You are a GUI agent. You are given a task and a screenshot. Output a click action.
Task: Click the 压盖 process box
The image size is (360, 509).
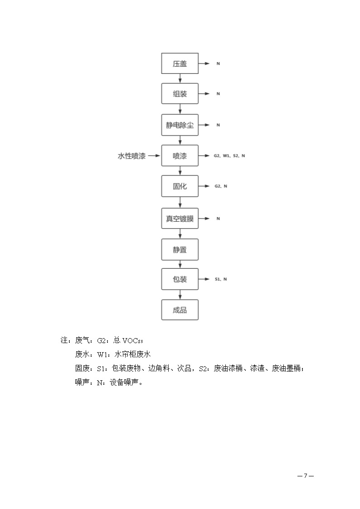point(180,63)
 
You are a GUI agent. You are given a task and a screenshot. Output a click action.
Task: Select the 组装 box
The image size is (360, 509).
point(180,93)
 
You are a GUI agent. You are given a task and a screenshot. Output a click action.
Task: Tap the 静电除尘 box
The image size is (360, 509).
point(180,125)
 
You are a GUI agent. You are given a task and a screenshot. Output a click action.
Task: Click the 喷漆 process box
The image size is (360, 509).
point(180,155)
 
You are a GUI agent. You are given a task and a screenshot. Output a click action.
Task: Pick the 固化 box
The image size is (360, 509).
point(180,186)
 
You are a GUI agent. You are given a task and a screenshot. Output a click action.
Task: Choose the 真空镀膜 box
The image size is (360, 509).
point(180,218)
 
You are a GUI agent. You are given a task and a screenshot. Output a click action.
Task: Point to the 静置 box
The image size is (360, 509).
point(180,250)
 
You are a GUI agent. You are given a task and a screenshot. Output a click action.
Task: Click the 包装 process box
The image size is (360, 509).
point(180,279)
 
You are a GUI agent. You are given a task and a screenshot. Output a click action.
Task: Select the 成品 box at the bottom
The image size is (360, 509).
point(180,310)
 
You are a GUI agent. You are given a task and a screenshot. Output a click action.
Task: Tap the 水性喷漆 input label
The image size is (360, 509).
point(131,156)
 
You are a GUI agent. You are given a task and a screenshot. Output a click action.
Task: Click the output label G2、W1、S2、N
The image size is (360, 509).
point(229,156)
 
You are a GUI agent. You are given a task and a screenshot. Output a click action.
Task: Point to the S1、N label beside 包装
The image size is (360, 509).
point(221,279)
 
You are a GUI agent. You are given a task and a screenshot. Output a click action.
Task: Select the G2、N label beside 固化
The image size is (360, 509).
point(221,186)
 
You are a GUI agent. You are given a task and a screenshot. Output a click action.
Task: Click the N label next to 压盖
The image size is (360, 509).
point(218,63)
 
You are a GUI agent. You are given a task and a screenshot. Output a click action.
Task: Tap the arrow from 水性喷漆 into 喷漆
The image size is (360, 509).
point(154,156)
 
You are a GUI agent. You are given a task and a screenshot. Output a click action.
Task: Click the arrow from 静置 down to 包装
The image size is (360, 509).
point(180,264)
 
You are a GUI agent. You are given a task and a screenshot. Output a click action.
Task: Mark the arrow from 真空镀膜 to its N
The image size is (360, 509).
point(204,218)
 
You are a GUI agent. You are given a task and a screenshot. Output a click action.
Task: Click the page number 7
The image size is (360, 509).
point(306,476)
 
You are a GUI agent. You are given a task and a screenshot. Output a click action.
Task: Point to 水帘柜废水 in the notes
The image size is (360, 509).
point(132,354)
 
